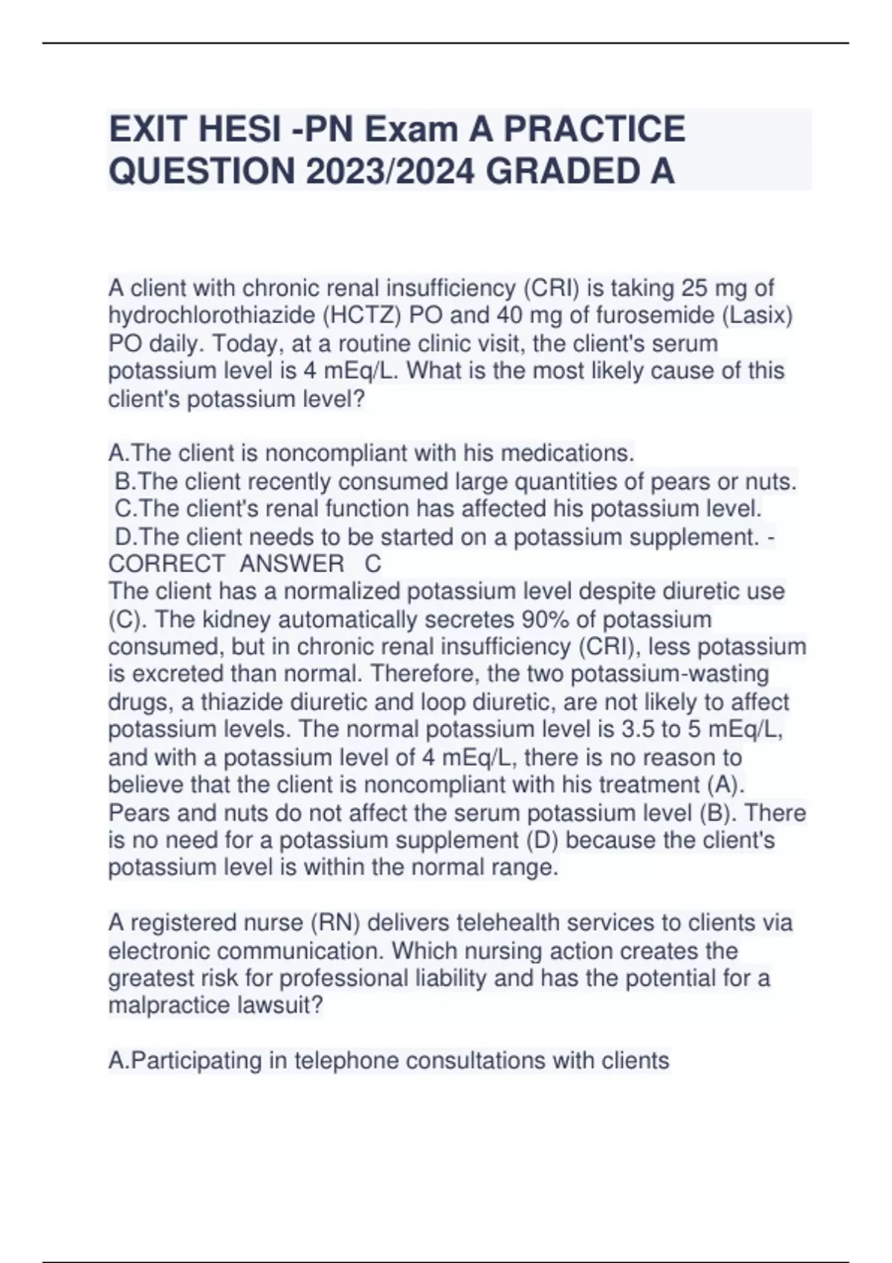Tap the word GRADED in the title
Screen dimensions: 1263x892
click(558, 172)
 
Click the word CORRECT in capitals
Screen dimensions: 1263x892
click(167, 564)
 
